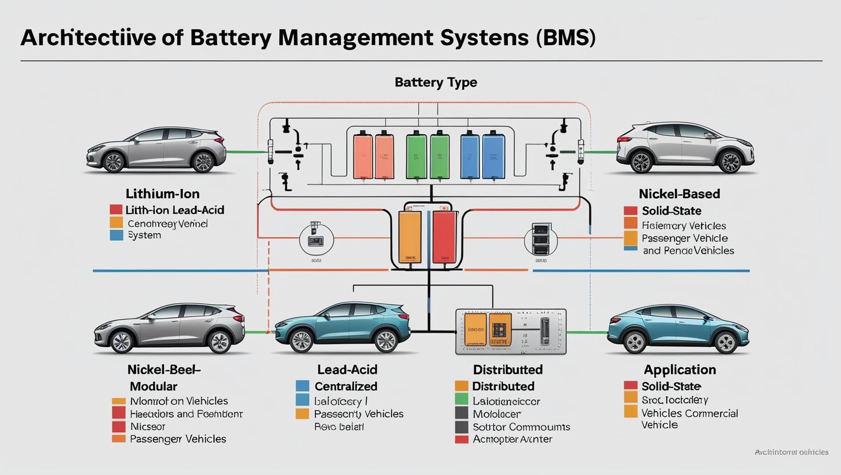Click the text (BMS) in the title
566,37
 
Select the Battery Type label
435,82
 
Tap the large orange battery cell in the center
410,237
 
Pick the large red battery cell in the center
444,237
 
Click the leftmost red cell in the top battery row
363,156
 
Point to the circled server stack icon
540,239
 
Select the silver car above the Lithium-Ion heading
156,150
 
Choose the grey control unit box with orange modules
510,332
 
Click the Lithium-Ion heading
162,194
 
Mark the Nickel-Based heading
679,194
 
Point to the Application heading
679,369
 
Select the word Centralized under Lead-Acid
346,387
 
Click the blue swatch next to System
117,235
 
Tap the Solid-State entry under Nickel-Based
671,211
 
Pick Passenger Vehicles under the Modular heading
178,439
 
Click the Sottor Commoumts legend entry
521,427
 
